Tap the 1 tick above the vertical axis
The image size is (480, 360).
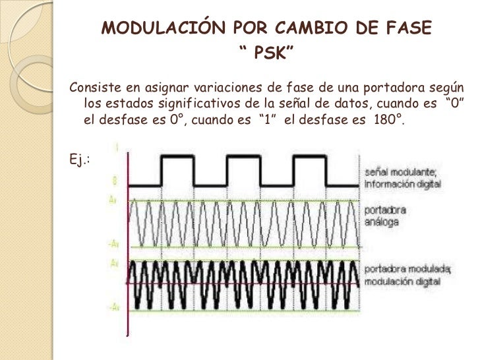pyautogui.click(x=117, y=149)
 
